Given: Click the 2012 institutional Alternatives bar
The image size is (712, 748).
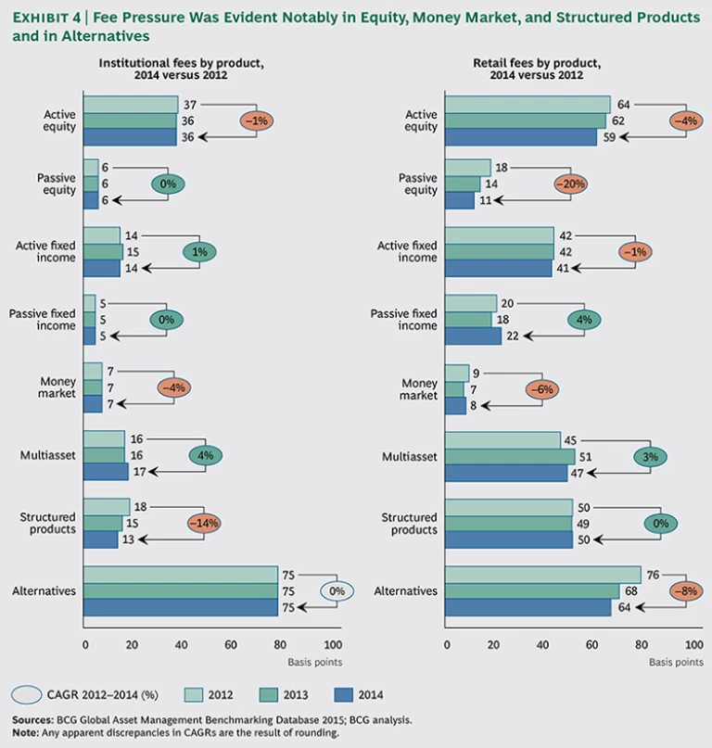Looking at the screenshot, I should coord(181,575).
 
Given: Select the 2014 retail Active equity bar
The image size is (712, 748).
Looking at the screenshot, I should coord(521,137).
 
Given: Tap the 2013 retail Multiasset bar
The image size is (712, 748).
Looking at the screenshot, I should coord(510,456).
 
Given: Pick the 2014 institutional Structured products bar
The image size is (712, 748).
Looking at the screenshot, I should coord(101,540).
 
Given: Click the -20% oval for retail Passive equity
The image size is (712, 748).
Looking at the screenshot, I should coord(572,184).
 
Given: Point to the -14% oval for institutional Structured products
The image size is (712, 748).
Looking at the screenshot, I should coord(205,523).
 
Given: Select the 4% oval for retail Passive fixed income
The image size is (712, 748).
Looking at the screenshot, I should coord(584,319).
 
